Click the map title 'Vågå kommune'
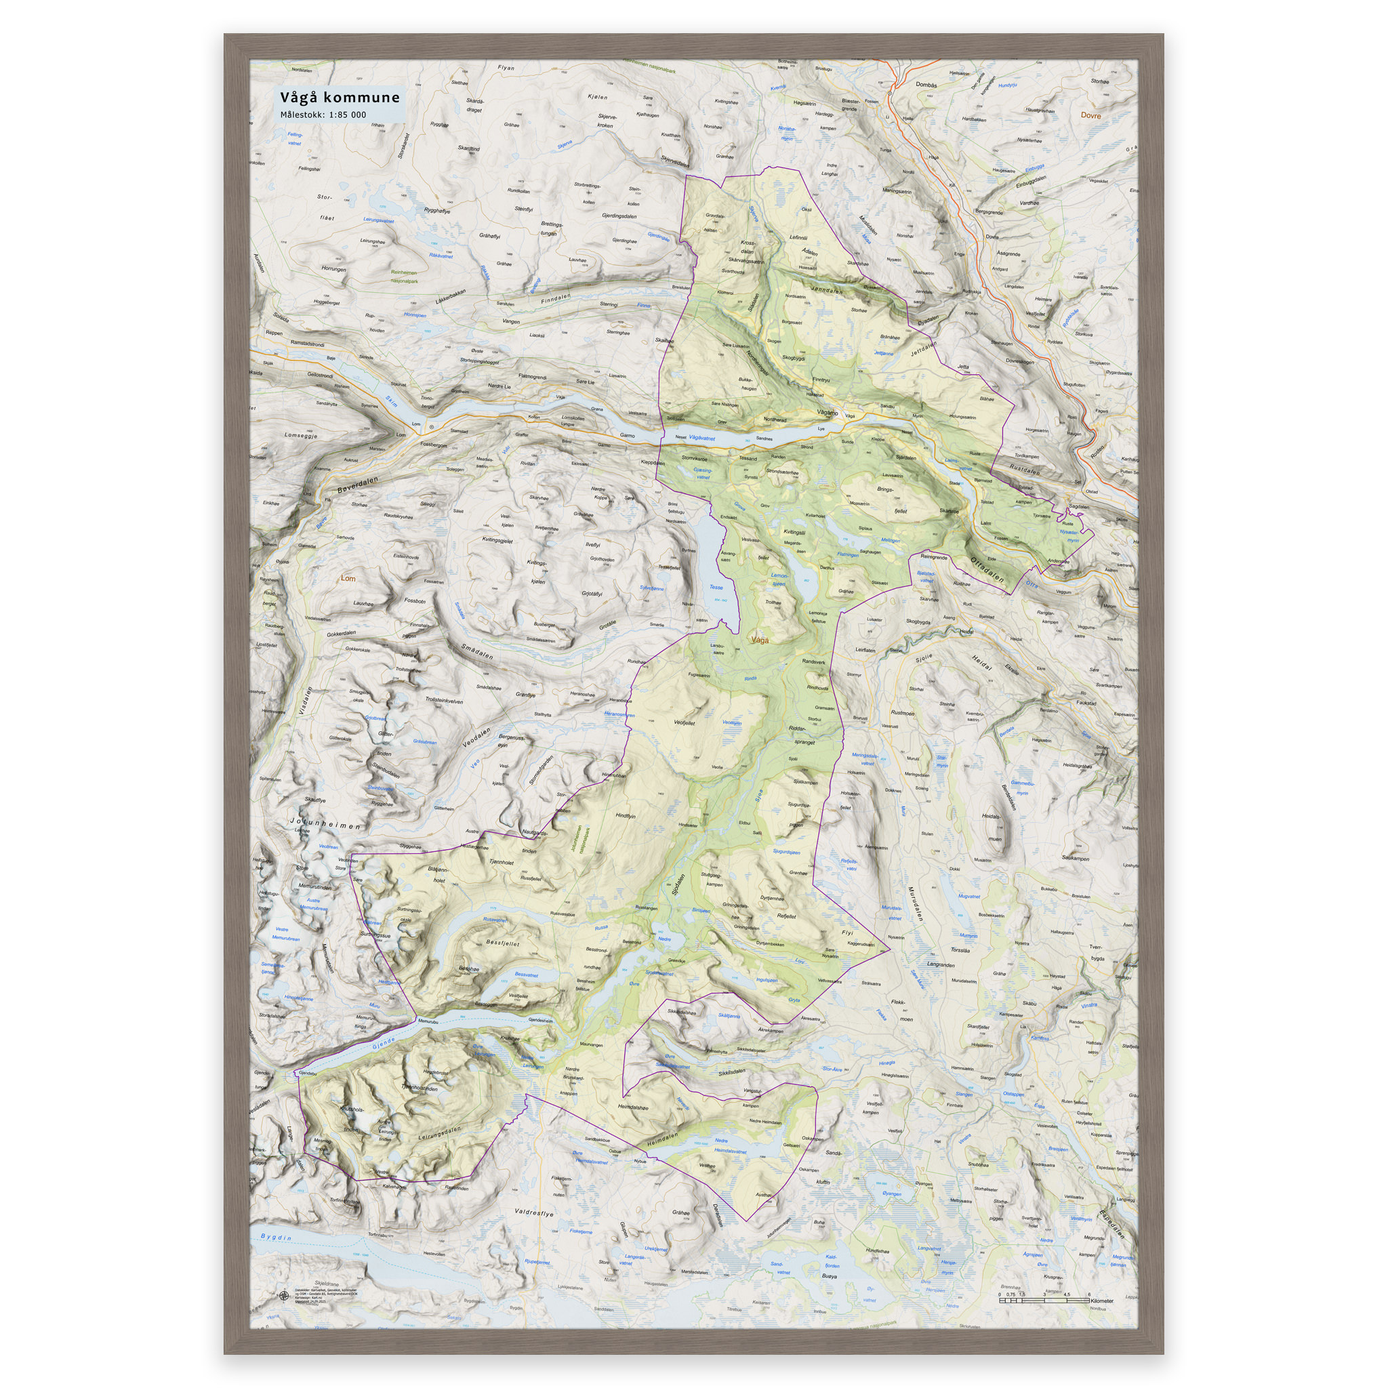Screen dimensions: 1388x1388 (x=340, y=98)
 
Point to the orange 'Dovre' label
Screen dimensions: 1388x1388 (x=1090, y=115)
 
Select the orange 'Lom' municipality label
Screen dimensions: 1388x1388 (x=348, y=578)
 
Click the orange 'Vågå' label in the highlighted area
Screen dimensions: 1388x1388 (x=758, y=639)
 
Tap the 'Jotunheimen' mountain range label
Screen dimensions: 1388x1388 (x=325, y=823)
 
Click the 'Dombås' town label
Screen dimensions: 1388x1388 (x=926, y=85)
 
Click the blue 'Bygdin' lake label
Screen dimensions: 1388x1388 (x=277, y=1237)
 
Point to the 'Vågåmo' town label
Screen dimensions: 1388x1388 (x=828, y=413)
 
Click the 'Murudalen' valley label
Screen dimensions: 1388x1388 (x=914, y=904)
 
